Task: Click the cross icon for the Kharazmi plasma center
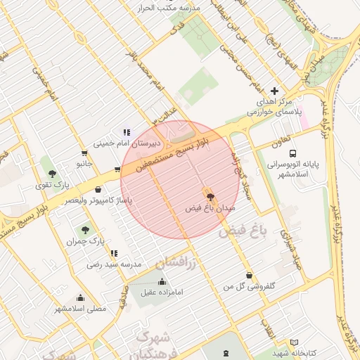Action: [274, 91]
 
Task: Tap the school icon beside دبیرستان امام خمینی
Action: [127, 132]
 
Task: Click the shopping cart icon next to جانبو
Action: [84, 153]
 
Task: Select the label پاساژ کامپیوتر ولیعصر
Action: [98, 200]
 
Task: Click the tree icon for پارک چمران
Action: [85, 230]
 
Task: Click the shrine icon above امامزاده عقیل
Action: [162, 282]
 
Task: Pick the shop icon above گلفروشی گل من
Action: [249, 275]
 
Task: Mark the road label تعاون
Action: [274, 141]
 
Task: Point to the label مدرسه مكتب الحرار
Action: [172, 7]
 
